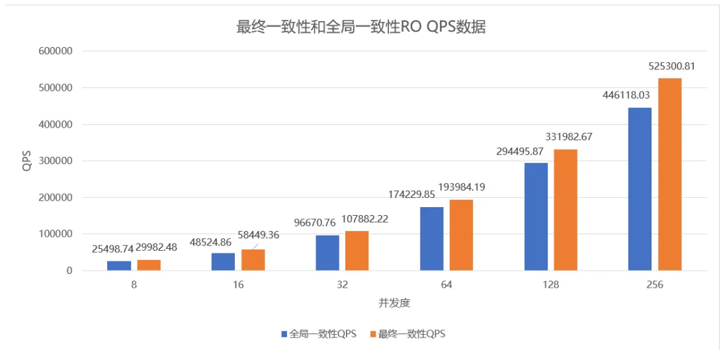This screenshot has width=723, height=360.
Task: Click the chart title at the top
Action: point(361,27)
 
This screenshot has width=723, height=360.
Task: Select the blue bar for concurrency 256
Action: point(640,189)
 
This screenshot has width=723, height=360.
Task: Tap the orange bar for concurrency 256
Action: point(669,174)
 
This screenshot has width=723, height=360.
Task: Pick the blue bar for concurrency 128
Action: point(536,216)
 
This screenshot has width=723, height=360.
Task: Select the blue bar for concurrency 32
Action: point(327,253)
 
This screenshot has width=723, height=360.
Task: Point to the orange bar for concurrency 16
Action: point(253,259)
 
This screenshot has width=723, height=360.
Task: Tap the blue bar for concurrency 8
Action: point(119,265)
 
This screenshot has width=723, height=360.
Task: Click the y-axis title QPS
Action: point(27,161)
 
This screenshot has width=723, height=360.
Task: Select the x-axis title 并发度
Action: point(394,303)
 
